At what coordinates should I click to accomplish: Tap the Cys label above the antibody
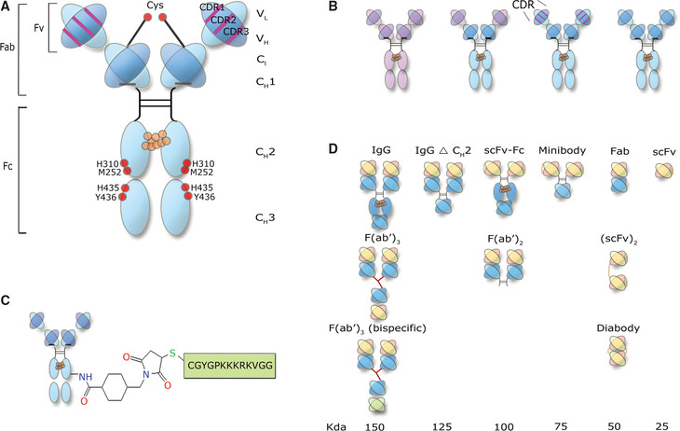click(156, 7)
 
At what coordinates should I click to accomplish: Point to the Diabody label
click(618, 329)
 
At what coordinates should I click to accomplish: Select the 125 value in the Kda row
click(442, 424)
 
